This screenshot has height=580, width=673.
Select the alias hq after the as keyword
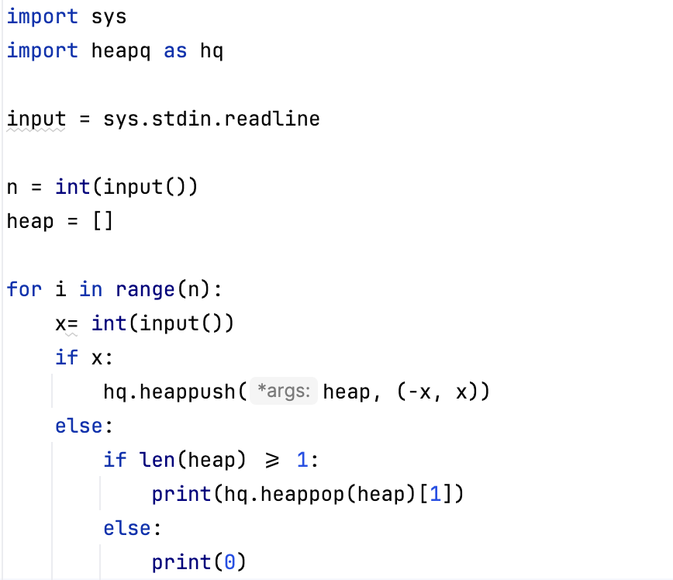[x=212, y=51]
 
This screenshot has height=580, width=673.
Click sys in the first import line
[x=109, y=16]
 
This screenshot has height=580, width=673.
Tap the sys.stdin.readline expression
[x=212, y=119]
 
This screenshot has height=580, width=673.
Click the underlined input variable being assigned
[x=36, y=119]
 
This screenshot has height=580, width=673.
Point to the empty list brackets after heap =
[x=103, y=221]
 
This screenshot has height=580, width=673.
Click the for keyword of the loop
[x=24, y=289]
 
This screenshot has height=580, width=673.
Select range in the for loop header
[x=145, y=289]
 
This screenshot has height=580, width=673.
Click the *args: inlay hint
[x=284, y=392]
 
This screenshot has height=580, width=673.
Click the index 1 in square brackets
[x=437, y=494]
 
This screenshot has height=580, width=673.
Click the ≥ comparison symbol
[x=271, y=461]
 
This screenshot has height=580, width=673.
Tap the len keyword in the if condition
[x=157, y=460]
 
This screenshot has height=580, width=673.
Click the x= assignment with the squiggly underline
[x=67, y=323]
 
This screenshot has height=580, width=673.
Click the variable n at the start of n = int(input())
[x=12, y=187]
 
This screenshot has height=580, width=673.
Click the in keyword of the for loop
[x=91, y=289]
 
